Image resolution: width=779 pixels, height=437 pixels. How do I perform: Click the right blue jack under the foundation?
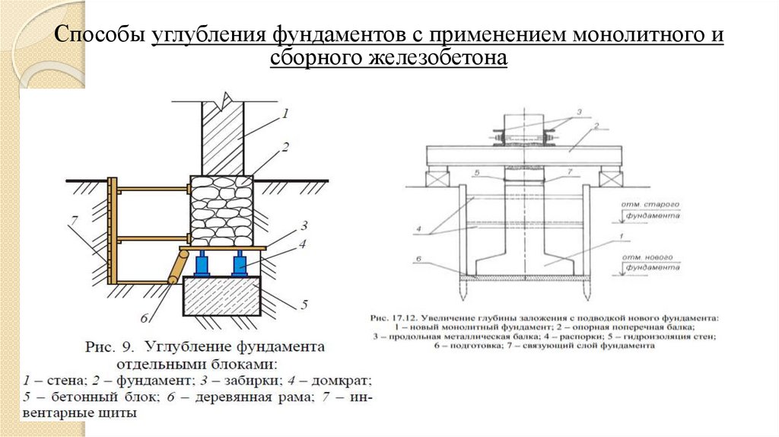pyautogui.click(x=240, y=264)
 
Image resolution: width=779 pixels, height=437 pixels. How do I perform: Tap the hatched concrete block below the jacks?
pyautogui.click(x=221, y=295)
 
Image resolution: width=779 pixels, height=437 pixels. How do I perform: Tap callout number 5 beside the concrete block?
pyautogui.click(x=303, y=305)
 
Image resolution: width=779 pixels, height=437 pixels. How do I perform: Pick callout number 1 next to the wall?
pyautogui.click(x=285, y=114)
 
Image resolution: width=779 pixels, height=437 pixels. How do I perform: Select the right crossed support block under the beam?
pyautogui.click(x=610, y=178)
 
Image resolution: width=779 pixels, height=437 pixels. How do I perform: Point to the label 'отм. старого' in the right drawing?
pyautogui.click(x=651, y=206)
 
